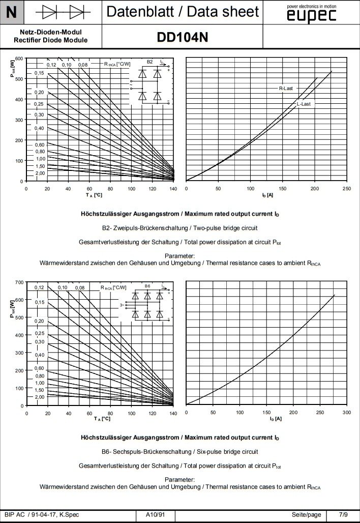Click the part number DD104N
click(x=183, y=37)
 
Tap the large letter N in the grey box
click(x=12, y=12)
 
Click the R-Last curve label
click(x=286, y=89)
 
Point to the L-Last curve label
click(x=304, y=104)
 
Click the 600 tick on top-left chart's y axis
click(x=19, y=59)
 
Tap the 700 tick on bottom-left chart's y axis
click(x=19, y=282)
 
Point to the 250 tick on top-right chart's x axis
click(x=346, y=189)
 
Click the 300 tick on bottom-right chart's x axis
click(x=346, y=413)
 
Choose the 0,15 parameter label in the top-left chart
click(x=39, y=73)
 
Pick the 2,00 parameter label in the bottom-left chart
click(x=40, y=397)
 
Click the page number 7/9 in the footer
click(x=344, y=515)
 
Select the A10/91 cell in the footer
click(x=156, y=515)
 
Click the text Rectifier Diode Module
click(x=51, y=40)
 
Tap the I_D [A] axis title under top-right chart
click(x=267, y=195)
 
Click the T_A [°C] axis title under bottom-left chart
click(x=102, y=419)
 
